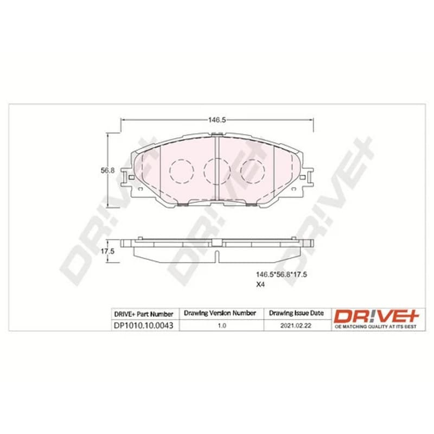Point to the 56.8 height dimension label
[107, 170]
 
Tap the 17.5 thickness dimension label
[107, 251]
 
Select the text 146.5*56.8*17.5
[282, 275]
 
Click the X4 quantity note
[260, 284]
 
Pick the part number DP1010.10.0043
[143, 325]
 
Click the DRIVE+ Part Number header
[143, 314]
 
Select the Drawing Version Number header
[220, 313]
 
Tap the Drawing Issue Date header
[296, 313]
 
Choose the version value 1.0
[222, 325]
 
